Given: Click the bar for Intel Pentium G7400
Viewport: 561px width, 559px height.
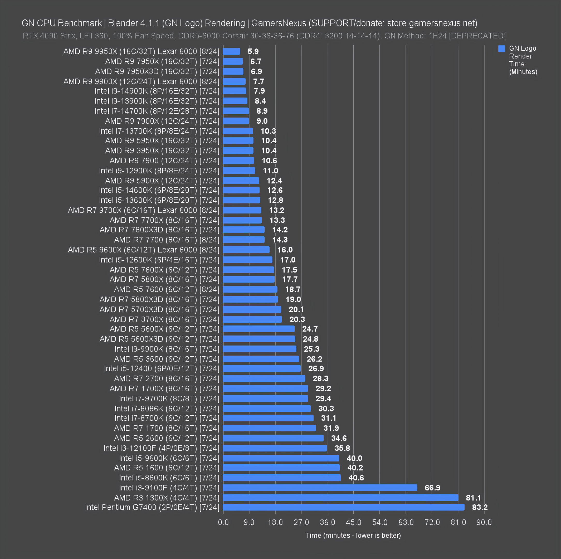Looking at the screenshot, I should [x=343, y=507].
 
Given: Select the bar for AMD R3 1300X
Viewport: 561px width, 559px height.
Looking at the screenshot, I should [x=340, y=498].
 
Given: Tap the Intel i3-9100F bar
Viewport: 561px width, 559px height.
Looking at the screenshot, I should [x=320, y=488].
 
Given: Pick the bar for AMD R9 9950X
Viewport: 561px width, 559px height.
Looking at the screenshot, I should [x=231, y=52].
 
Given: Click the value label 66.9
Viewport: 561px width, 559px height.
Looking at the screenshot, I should [x=432, y=488].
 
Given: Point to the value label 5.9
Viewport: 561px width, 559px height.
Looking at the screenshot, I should [x=253, y=52].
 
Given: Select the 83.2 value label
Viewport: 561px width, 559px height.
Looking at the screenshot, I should [x=480, y=507].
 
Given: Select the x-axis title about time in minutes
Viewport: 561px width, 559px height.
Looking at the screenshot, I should [x=353, y=535].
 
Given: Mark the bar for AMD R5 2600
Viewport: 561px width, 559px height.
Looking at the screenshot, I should [x=273, y=438].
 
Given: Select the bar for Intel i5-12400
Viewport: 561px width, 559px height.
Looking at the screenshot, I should [x=262, y=369].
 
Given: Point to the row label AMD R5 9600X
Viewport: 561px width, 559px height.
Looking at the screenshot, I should [x=144, y=250].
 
